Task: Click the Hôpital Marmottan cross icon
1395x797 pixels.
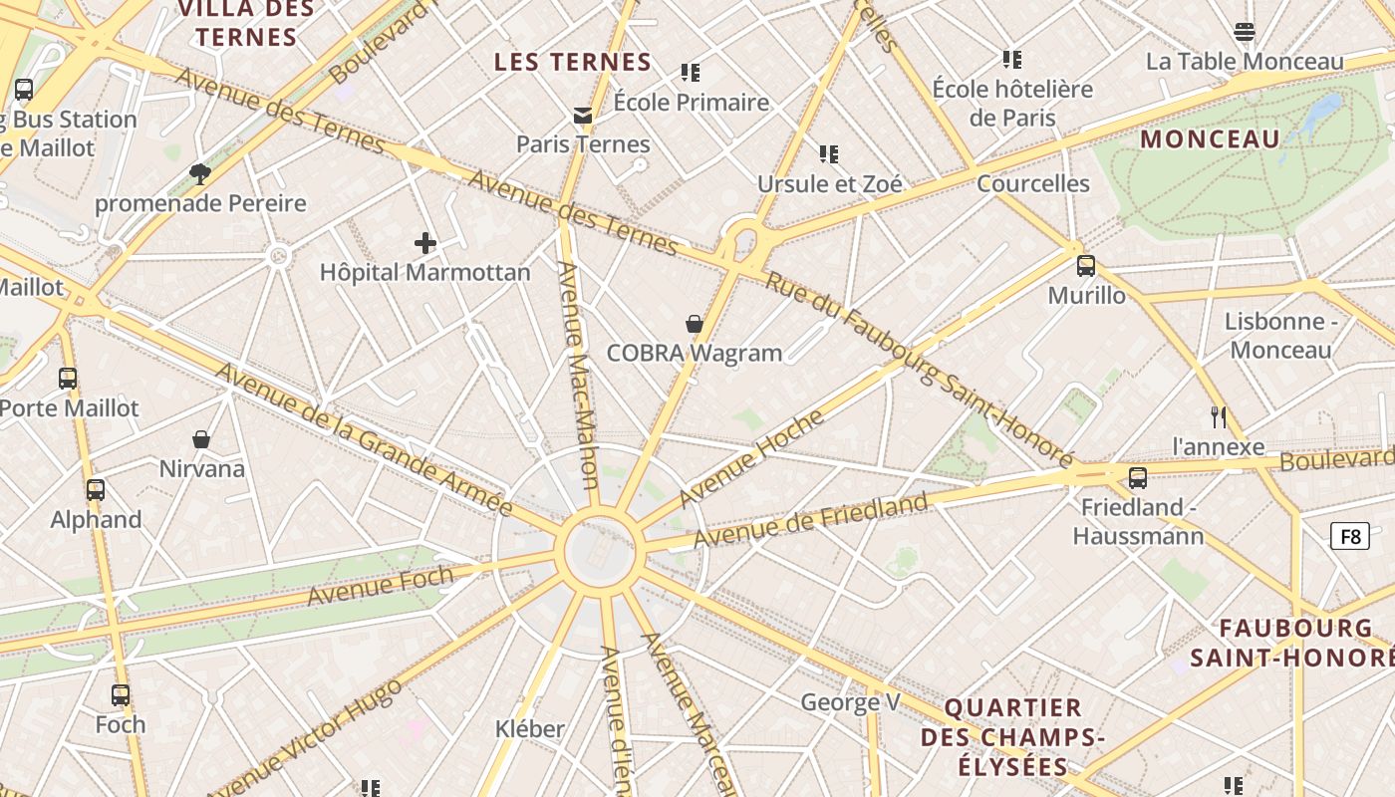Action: click(x=425, y=242)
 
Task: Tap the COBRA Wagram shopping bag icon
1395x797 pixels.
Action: click(x=695, y=324)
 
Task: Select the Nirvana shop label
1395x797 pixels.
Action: click(x=202, y=468)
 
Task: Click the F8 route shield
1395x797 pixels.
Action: click(x=1349, y=537)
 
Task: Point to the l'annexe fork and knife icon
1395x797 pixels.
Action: click(x=1218, y=416)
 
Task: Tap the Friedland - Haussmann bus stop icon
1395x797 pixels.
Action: click(x=1137, y=478)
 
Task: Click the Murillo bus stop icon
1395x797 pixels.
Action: click(x=1086, y=266)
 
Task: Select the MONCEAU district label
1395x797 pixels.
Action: click(x=1210, y=139)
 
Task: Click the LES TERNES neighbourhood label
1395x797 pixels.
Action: click(x=573, y=62)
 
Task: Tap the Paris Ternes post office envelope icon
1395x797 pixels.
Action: click(x=583, y=116)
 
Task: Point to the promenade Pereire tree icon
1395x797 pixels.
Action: click(x=200, y=174)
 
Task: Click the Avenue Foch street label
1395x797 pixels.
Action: click(x=380, y=585)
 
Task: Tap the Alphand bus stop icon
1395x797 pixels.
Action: click(x=96, y=490)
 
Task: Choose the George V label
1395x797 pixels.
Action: click(x=850, y=702)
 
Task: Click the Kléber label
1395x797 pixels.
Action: click(x=529, y=729)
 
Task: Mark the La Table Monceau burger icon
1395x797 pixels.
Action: click(x=1245, y=32)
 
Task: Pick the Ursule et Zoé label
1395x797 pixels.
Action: click(x=829, y=184)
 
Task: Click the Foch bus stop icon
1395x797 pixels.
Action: click(x=121, y=695)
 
